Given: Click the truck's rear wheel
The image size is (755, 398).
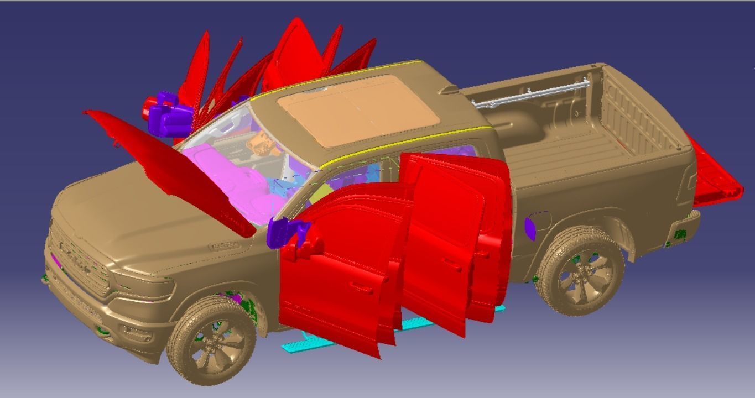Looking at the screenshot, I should pyautogui.click(x=580, y=270).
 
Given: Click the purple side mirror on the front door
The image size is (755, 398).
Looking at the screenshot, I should pyautogui.click(x=282, y=232).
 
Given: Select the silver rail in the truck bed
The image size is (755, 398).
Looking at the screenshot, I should pyautogui.click(x=531, y=95).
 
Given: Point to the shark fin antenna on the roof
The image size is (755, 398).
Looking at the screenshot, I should pyautogui.click(x=449, y=88).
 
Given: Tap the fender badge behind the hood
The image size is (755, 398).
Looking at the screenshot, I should pyautogui.click(x=224, y=245).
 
